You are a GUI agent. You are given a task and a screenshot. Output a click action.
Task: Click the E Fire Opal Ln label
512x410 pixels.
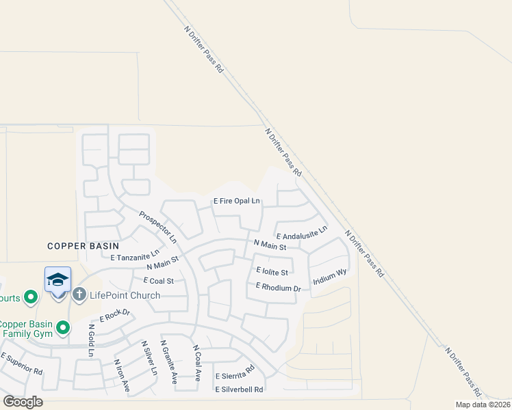237,201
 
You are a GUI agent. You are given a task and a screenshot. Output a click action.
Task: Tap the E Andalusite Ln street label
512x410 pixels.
301,235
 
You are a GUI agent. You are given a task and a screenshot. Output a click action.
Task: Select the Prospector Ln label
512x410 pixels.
158,227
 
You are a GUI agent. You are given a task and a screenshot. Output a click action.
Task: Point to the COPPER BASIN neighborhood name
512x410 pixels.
83,246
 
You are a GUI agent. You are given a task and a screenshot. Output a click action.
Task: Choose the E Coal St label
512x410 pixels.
159,281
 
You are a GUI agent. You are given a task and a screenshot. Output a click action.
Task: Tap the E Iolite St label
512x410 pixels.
272,271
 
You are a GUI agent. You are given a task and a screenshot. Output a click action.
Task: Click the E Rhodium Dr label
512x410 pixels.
279,288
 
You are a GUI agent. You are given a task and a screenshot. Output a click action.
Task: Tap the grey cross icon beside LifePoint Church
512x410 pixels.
79,295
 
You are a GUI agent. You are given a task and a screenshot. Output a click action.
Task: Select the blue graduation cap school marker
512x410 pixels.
57,281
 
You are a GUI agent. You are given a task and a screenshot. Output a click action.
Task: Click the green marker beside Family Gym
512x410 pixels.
63,328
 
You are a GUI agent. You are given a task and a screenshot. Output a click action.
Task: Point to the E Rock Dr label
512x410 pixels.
114,316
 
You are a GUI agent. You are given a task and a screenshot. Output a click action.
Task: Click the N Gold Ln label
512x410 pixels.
90,340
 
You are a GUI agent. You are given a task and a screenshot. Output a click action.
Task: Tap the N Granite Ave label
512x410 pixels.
168,361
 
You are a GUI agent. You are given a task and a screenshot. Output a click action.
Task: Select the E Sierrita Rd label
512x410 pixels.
235,375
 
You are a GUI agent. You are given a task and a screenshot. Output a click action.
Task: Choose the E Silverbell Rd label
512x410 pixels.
239,390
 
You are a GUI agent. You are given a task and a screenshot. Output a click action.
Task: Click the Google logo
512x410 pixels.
23,402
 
